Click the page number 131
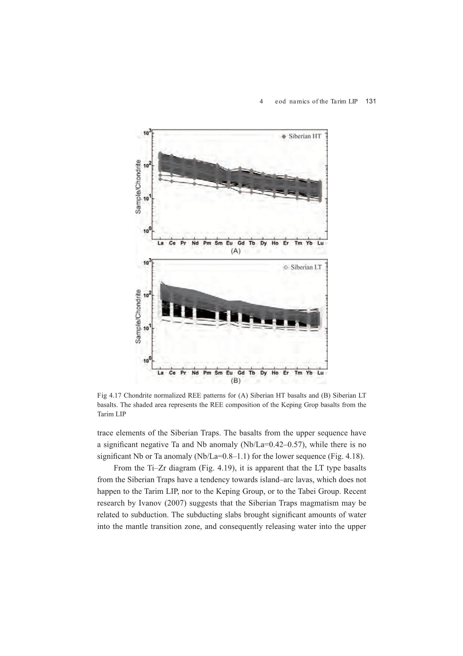point(371,101)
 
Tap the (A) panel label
point(236,251)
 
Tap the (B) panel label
point(236,380)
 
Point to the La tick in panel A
point(160,243)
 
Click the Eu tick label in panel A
point(229,243)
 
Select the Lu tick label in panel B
point(321,373)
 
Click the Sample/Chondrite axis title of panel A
point(138,187)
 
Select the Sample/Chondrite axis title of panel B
point(138,316)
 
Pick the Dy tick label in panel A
point(263,243)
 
